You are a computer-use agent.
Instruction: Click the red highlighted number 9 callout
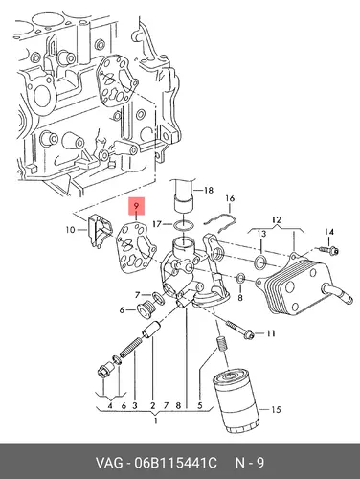136,206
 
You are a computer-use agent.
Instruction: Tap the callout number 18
208,191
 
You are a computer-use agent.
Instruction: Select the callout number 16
230,198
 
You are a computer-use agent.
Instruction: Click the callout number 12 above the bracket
277,220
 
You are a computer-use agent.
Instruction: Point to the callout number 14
329,232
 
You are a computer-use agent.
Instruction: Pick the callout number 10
70,229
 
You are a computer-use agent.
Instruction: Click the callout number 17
157,224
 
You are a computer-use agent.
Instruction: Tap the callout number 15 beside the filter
276,409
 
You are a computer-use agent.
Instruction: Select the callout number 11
271,333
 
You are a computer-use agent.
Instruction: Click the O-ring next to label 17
184,225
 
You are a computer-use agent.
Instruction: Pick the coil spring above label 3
129,348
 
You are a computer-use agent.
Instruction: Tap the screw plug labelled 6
146,309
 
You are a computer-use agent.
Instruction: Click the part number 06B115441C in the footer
175,463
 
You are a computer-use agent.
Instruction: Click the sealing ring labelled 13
260,262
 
